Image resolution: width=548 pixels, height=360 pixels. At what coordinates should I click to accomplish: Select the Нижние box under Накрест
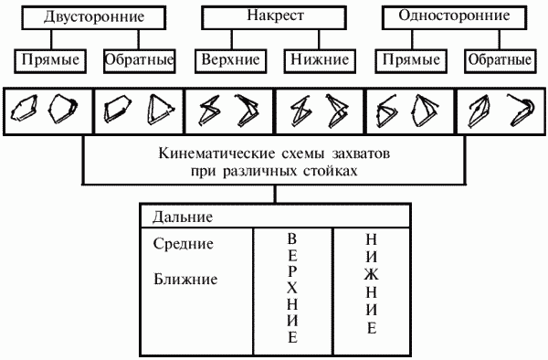pyautogui.click(x=321, y=60)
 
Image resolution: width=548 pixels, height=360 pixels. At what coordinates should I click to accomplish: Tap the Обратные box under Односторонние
pyautogui.click(x=499, y=60)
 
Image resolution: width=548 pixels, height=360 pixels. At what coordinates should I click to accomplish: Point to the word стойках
pyautogui.click(x=324, y=170)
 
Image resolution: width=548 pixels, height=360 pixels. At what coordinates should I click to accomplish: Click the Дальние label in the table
pyautogui.click(x=178, y=218)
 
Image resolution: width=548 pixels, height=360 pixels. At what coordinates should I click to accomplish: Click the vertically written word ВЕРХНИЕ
pyautogui.click(x=292, y=287)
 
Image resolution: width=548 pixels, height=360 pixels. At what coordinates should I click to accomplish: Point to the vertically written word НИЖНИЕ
pyautogui.click(x=371, y=283)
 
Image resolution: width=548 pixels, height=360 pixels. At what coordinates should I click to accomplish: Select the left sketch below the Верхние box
pyautogui.click(x=208, y=111)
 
